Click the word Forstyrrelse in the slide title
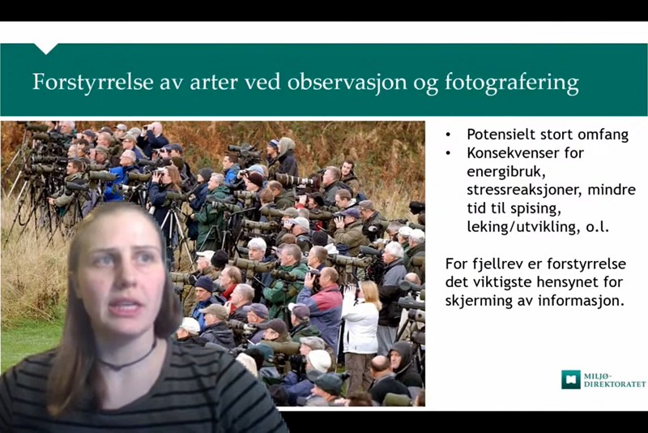tap(93, 82)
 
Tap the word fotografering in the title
tap(512, 82)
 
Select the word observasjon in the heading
tap(347, 82)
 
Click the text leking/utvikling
tap(522, 228)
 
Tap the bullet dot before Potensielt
tap(449, 135)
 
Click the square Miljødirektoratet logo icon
tap(571, 379)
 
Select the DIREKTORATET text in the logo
tap(615, 384)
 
